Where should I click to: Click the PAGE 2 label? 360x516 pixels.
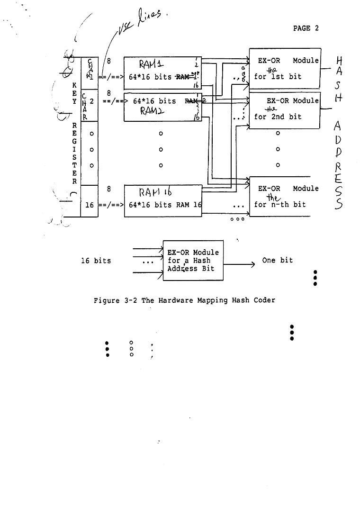pyautogui.click(x=306, y=28)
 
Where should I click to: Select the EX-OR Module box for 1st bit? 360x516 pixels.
pyautogui.click(x=285, y=68)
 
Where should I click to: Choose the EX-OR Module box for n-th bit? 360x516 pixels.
pyautogui.click(x=285, y=196)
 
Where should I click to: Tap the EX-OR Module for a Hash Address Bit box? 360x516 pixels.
pyautogui.click(x=193, y=260)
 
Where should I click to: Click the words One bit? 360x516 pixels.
pyautogui.click(x=277, y=260)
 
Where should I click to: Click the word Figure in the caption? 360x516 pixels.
pyautogui.click(x=107, y=300)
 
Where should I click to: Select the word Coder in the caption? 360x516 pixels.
pyautogui.click(x=264, y=300)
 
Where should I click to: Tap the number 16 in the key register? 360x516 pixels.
pyautogui.click(x=90, y=205)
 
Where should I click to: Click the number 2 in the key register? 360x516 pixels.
pyautogui.click(x=91, y=101)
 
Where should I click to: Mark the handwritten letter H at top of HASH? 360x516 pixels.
pyautogui.click(x=339, y=62)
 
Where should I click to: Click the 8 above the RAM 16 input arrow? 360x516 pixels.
pyautogui.click(x=108, y=189)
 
